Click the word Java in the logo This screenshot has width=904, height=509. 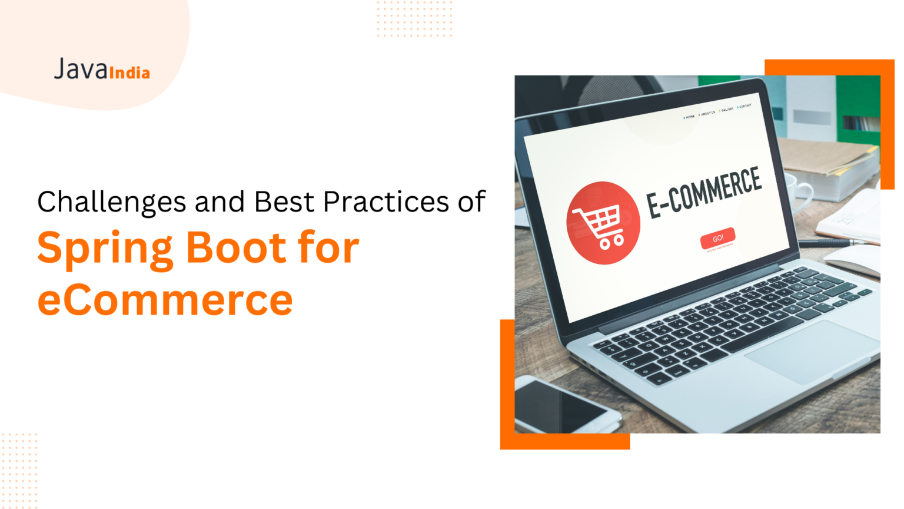[x=81, y=70]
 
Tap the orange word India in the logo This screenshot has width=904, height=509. [x=129, y=73]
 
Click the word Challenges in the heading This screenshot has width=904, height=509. [x=112, y=202]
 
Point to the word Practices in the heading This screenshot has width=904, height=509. [x=386, y=202]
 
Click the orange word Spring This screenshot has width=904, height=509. [x=105, y=249]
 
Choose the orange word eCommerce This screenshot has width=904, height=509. [x=165, y=300]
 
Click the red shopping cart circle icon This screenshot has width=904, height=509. [x=603, y=223]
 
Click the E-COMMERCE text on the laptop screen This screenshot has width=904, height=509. [x=704, y=191]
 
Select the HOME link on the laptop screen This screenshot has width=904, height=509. [x=689, y=117]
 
